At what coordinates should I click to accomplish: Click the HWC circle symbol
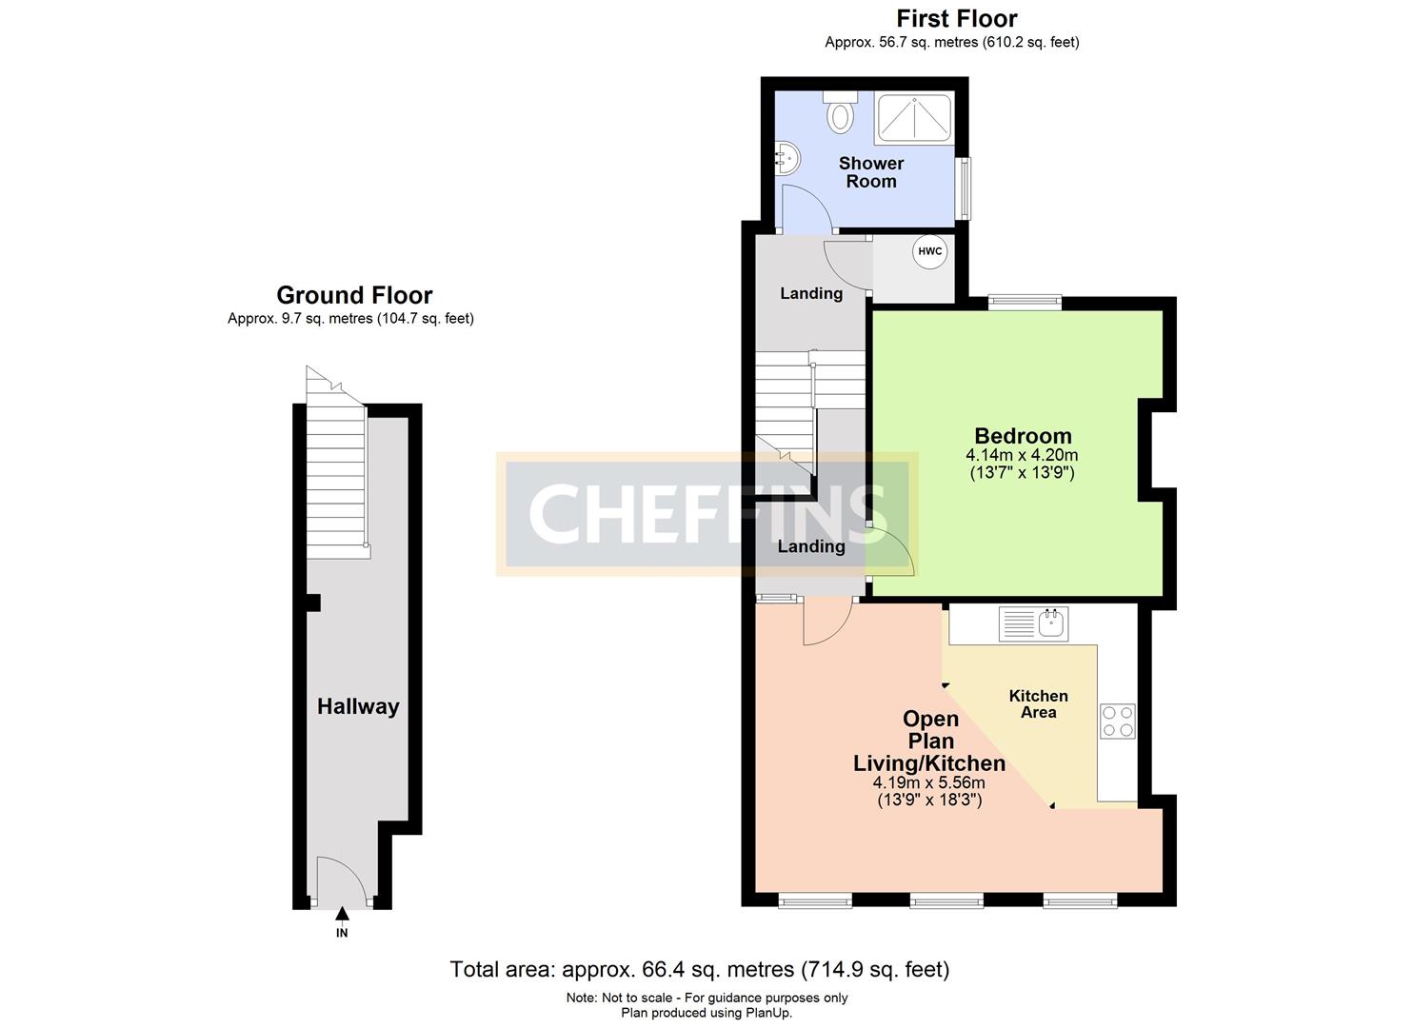930,251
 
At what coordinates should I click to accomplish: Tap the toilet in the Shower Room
840,112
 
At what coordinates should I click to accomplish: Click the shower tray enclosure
914,118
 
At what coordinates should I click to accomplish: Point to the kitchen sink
1034,624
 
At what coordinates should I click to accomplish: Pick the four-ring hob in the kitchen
1117,722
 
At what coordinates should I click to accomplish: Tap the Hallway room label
358,706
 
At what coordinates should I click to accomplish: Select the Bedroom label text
1023,435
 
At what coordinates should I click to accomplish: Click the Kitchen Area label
1039,703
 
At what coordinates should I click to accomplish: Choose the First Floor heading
956,19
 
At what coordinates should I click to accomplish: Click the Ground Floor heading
354,295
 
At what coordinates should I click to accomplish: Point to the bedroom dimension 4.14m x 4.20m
1022,455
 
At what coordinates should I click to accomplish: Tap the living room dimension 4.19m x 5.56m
928,783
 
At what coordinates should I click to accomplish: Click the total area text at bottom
700,969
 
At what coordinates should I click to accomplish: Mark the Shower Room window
964,188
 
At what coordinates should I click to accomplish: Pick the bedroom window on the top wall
1026,303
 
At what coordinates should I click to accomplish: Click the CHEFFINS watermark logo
707,514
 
